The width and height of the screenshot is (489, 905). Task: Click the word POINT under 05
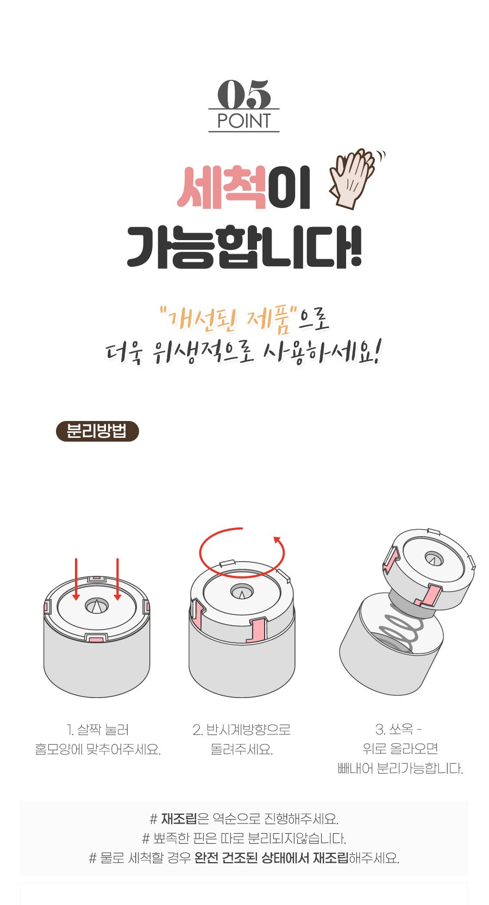click(244, 121)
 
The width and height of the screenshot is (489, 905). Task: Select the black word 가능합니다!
click(244, 247)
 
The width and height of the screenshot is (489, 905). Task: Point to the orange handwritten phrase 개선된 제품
click(229, 320)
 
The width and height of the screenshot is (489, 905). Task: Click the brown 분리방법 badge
click(97, 431)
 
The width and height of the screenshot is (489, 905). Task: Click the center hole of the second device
click(242, 592)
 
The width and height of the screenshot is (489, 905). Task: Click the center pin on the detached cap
click(433, 560)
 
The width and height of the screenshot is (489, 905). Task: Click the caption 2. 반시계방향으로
click(242, 730)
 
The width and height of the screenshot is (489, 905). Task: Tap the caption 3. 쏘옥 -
click(398, 729)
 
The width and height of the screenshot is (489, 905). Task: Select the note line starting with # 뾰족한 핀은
click(244, 838)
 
